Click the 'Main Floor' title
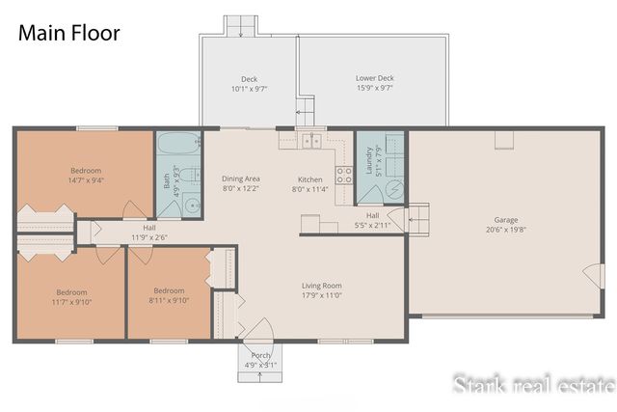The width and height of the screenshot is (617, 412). coord(68,33)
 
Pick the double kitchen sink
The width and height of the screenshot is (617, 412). coord(311,142)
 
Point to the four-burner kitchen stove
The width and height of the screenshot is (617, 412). coord(343,175)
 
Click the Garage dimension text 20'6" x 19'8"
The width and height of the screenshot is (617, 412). coord(507,231)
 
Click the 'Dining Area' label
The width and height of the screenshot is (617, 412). coord(241,179)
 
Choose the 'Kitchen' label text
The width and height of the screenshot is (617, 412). coord(310,179)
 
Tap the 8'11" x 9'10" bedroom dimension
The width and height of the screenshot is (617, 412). coord(169,300)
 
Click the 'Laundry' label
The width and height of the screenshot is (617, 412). coord(367,156)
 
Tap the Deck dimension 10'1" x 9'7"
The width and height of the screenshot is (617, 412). coord(249,89)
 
